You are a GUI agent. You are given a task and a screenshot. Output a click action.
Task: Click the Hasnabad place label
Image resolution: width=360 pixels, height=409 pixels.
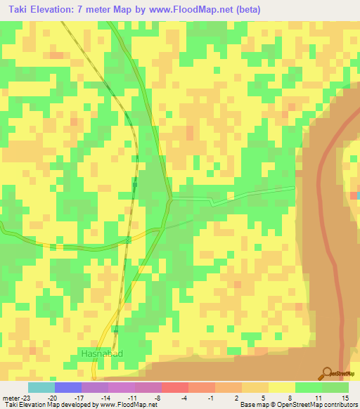(x=101, y=353)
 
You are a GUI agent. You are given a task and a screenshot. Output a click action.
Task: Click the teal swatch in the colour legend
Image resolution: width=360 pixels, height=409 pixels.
(x=41, y=387)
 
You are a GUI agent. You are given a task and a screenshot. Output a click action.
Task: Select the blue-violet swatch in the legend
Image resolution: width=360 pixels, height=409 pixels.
(x=67, y=387)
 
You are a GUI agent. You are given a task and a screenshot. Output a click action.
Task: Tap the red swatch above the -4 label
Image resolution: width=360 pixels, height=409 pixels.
(x=174, y=387)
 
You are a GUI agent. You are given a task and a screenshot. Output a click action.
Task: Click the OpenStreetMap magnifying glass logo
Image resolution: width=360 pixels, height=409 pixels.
(x=326, y=373)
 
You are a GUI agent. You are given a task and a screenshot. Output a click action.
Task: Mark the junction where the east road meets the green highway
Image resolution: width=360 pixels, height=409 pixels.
(x=170, y=198)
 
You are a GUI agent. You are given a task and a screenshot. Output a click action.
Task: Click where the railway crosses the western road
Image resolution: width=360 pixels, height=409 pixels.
(x=128, y=240)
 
